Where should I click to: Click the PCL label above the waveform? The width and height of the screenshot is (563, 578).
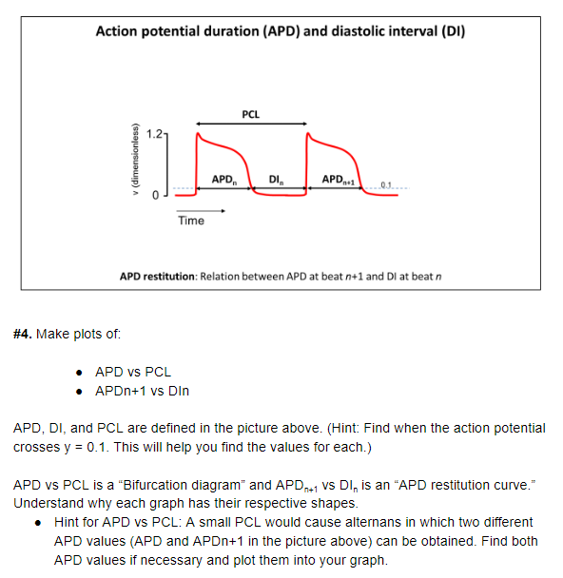click(x=250, y=114)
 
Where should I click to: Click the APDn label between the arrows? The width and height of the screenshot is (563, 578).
click(x=224, y=179)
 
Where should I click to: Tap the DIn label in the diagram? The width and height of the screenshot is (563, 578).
click(x=277, y=179)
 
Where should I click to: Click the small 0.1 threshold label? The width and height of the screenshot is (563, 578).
click(x=386, y=183)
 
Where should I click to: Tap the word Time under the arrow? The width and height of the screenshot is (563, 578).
click(x=190, y=221)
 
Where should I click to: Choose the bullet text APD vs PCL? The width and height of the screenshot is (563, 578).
click(x=133, y=371)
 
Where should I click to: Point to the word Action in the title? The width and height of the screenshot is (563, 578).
click(x=121, y=31)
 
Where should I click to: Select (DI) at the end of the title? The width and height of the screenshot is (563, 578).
click(x=452, y=31)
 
